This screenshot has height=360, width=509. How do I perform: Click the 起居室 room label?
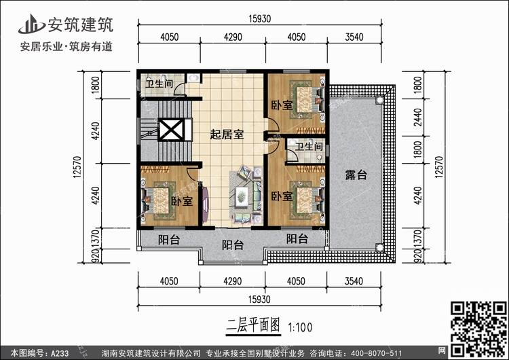[227, 134]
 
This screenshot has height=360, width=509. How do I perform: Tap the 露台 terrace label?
[356, 175]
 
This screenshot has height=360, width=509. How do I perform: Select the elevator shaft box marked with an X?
[171, 130]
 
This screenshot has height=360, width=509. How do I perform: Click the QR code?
[478, 329]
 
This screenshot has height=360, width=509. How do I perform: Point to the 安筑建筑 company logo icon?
[32, 24]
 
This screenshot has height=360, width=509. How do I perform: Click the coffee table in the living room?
[242, 196]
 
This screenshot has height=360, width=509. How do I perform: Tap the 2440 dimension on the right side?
[418, 118]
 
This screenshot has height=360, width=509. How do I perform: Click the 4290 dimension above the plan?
[233, 37]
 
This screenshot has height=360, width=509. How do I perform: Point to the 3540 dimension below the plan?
[354, 281]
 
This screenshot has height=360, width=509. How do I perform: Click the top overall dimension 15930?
[260, 19]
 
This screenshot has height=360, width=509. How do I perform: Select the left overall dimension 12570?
[77, 166]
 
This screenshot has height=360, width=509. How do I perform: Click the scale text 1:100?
[300, 327]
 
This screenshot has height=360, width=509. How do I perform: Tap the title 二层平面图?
[253, 325]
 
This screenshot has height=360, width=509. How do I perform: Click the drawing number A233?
[60, 353]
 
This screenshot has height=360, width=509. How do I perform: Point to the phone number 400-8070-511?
[377, 353]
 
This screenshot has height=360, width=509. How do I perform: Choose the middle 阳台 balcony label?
[233, 245]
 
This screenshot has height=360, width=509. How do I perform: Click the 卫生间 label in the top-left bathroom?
[159, 84]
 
